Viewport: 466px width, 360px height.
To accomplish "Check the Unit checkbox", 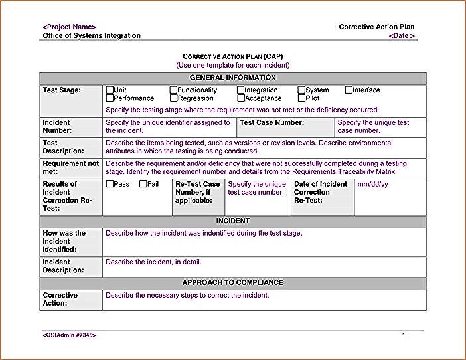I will (x=110, y=90).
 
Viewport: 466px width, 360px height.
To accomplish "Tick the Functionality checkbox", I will (x=173, y=90).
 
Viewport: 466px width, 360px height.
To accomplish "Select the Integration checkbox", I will (x=241, y=90).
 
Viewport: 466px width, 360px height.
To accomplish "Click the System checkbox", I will (x=301, y=90).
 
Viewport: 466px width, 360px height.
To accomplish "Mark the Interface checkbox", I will (x=349, y=90).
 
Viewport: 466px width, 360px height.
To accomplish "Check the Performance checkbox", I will (x=110, y=98).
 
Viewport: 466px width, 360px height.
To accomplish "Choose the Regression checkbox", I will (x=173, y=98).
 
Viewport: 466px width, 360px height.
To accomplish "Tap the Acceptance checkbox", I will (x=241, y=98).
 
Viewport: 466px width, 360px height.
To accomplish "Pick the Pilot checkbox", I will (x=301, y=98).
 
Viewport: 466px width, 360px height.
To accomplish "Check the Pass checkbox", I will (x=110, y=184).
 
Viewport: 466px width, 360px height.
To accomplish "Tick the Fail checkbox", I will (x=143, y=184).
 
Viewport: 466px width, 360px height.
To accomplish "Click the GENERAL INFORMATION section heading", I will (x=232, y=78).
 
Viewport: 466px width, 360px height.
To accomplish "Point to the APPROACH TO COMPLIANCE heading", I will (x=232, y=282).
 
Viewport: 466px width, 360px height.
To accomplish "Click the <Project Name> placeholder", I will (x=69, y=27).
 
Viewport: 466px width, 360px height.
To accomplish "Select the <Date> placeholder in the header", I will (x=402, y=35).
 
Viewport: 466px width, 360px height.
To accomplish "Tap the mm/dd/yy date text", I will (x=373, y=184).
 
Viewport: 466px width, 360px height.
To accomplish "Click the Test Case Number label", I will (x=272, y=123).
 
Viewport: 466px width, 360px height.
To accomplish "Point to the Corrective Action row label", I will (x=60, y=299).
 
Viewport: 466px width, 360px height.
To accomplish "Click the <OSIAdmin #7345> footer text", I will (x=69, y=335).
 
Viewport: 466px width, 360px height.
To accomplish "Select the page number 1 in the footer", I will (x=403, y=335).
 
